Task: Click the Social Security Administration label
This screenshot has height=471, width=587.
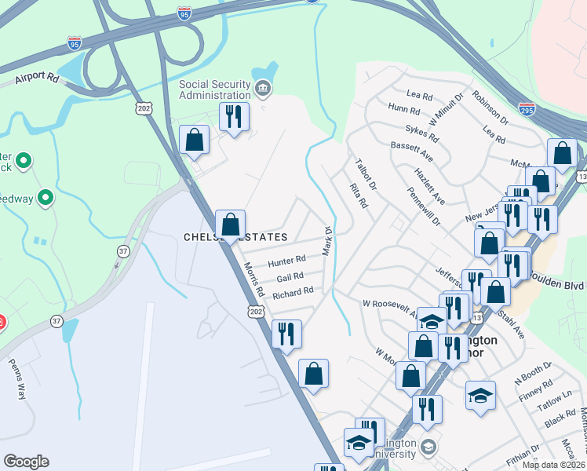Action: point(214,90)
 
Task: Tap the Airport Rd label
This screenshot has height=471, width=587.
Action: point(36,78)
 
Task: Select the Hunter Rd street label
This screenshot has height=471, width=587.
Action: point(286,261)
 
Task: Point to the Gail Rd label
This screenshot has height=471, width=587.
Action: point(290,277)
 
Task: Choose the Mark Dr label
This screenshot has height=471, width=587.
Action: point(328,241)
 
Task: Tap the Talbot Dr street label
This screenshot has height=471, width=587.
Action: point(366,175)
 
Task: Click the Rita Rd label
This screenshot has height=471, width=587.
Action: point(359,195)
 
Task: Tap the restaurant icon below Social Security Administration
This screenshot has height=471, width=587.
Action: point(234,117)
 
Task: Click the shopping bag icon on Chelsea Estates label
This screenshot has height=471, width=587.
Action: point(230,225)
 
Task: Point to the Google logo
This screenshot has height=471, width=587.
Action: point(27,462)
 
